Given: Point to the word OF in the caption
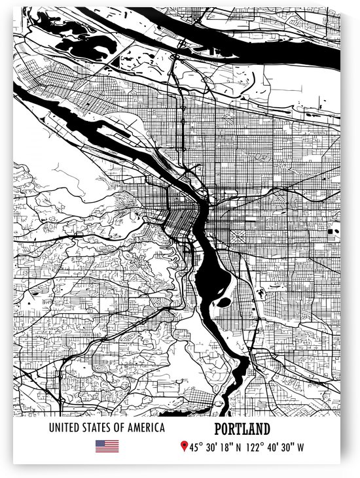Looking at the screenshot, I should [x=117, y=428].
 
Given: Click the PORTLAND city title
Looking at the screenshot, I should [x=242, y=430].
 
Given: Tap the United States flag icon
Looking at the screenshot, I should [x=107, y=446].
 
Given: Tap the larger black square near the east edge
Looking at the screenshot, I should [x=330, y=232].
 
